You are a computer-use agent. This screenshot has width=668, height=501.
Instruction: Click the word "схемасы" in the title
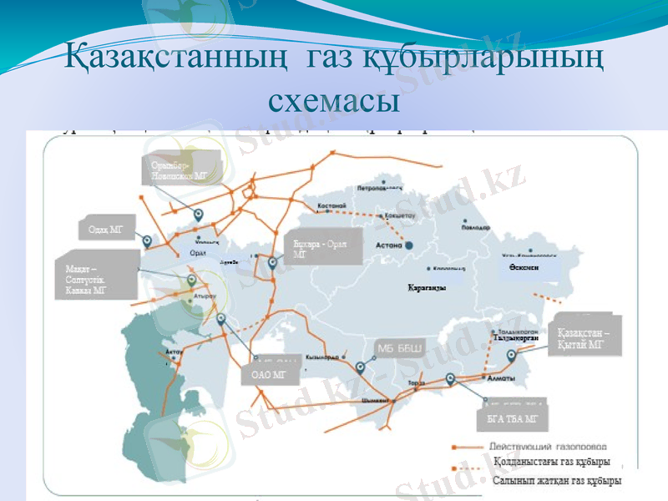click(333, 100)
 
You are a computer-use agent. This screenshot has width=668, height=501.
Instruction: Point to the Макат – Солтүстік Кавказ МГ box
click(98, 280)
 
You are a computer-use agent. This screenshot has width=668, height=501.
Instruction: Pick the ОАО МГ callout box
click(269, 376)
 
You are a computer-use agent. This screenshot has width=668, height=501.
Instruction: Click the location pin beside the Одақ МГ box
click(148, 241)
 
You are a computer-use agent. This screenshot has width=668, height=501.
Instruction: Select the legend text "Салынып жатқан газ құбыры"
click(556, 481)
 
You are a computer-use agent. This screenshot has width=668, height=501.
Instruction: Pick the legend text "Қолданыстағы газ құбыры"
click(551, 461)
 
